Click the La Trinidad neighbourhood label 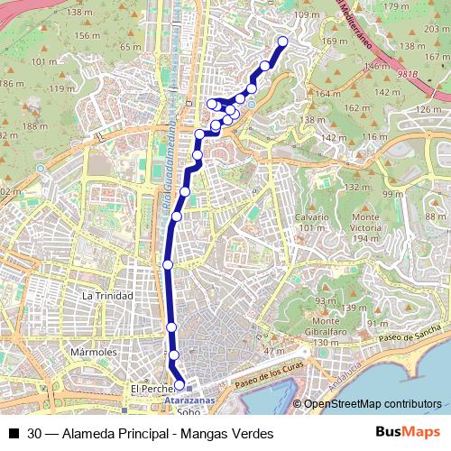tap(107, 296)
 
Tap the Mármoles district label tap(94, 352)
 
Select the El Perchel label tap(150, 389)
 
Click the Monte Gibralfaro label tap(326, 327)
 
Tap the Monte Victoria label tap(366, 222)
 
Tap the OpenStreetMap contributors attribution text tap(373, 404)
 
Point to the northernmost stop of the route tap(282, 41)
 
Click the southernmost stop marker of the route tap(179, 385)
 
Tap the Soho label tap(189, 411)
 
